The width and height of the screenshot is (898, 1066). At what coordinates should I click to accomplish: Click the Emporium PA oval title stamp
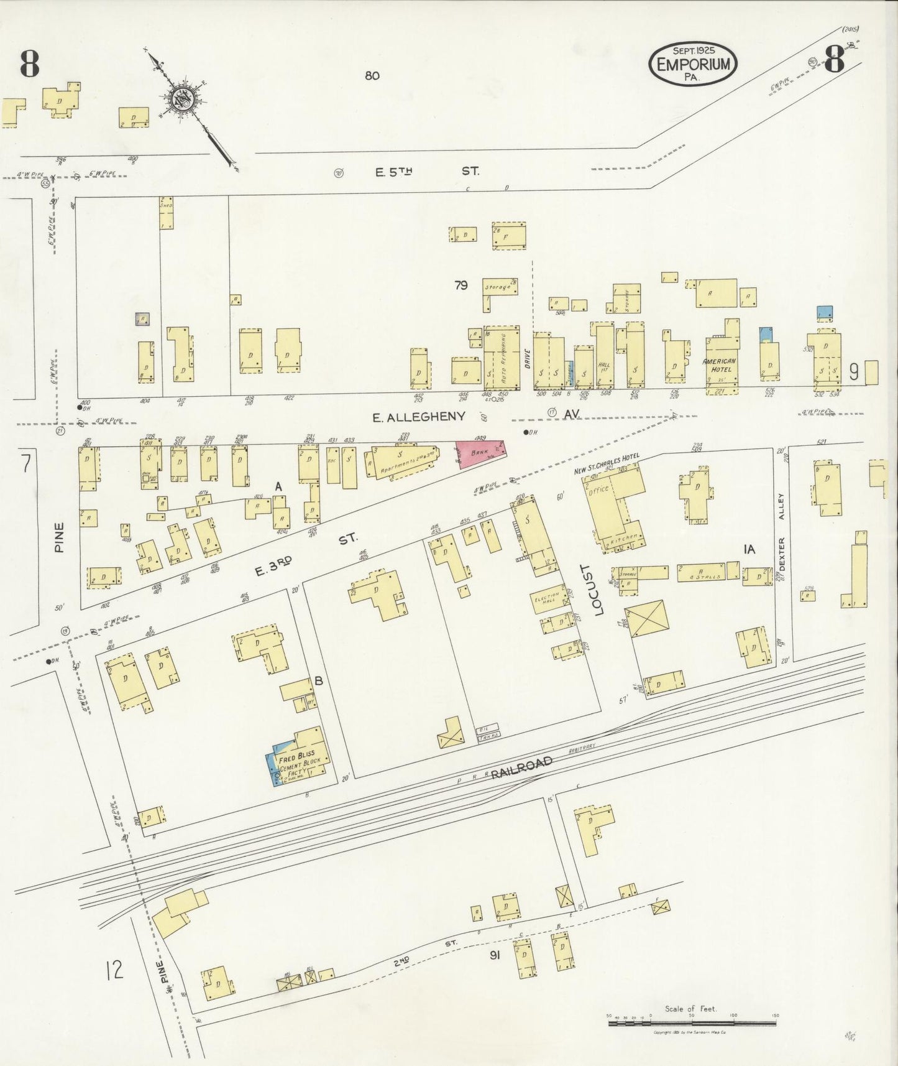[x=693, y=64]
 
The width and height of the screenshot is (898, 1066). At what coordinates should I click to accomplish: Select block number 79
[x=460, y=285]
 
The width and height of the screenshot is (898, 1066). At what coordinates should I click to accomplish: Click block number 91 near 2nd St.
[x=495, y=973]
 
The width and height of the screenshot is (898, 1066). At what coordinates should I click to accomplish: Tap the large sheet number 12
[x=114, y=970]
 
